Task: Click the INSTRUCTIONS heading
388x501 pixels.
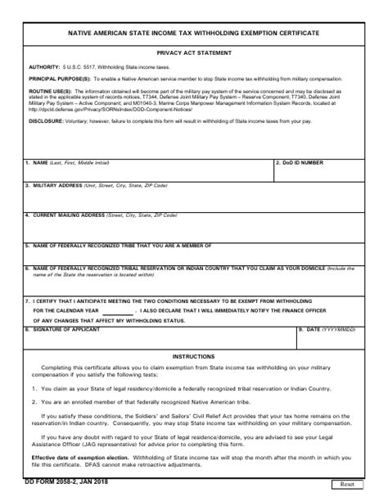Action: pos(193,334)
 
